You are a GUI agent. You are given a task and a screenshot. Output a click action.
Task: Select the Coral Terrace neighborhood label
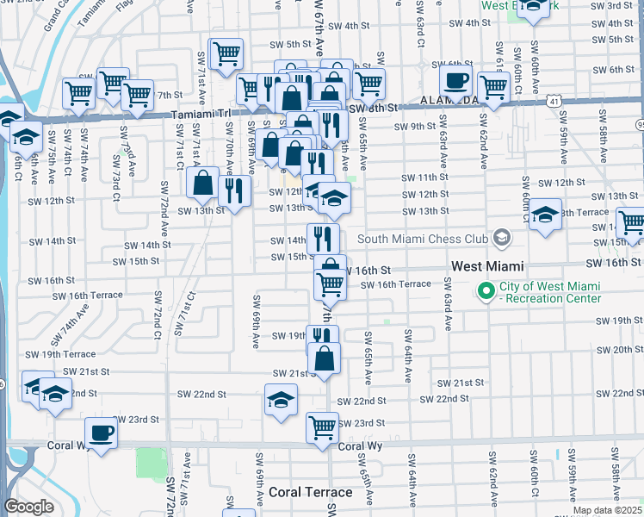pyautogui.click(x=310, y=492)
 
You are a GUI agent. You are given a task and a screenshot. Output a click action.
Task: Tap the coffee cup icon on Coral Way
pyautogui.click(x=101, y=433)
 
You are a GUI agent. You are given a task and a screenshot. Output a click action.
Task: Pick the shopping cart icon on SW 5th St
pyautogui.click(x=226, y=53)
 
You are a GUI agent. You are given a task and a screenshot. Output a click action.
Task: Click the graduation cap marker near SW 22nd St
pyautogui.click(x=281, y=400)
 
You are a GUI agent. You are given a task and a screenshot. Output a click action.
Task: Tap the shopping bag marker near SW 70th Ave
pyautogui.click(x=203, y=183)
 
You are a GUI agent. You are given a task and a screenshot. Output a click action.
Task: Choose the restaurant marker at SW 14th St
pyautogui.click(x=322, y=238)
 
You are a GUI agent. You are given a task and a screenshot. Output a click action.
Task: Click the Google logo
pyautogui.click(x=28, y=507)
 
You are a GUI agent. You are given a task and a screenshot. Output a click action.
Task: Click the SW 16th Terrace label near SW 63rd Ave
pyautogui.click(x=395, y=284)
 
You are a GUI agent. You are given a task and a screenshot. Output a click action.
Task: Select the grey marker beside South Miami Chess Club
pyautogui.click(x=500, y=239)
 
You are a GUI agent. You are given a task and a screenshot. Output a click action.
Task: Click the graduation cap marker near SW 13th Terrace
pyautogui.click(x=545, y=215)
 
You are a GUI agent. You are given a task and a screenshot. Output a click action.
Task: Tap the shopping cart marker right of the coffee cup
pyautogui.click(x=493, y=86)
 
